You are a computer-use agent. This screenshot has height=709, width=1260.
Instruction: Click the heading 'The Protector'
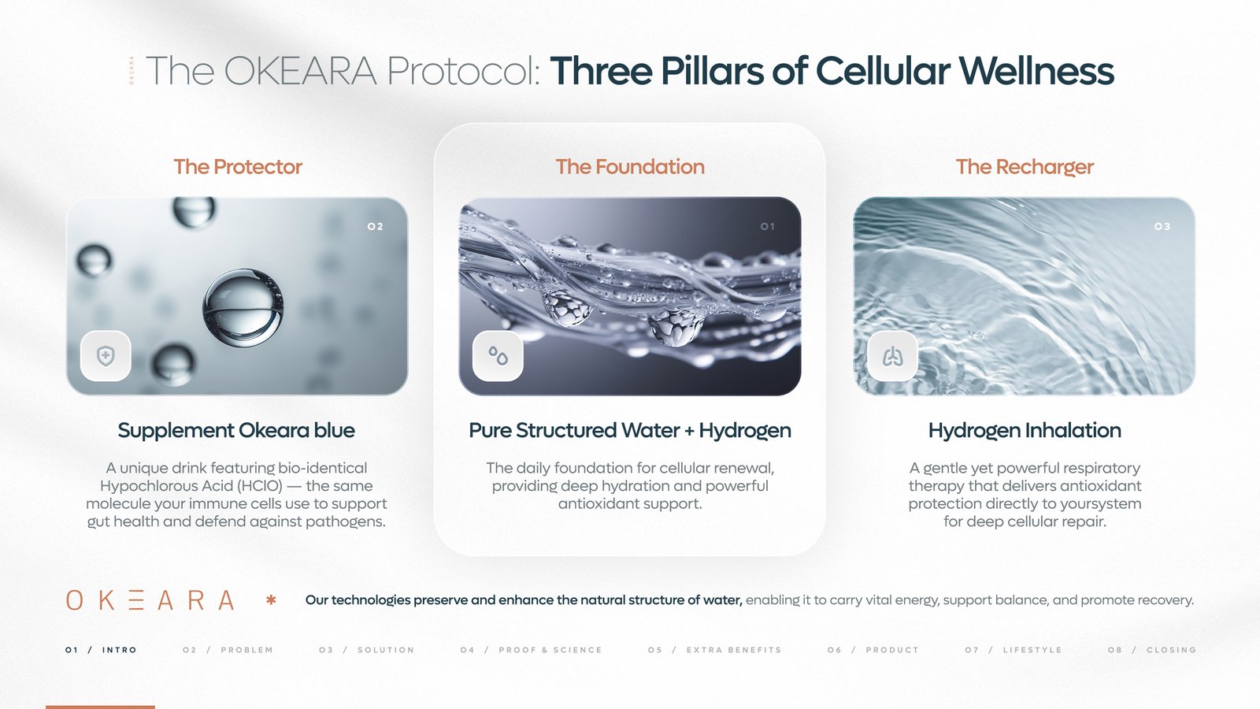tap(238, 167)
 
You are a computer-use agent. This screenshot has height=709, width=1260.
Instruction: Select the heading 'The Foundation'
tap(630, 167)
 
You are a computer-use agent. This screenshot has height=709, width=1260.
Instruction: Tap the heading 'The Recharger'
tap(1025, 167)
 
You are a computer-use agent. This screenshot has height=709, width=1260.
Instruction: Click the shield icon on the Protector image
tap(106, 356)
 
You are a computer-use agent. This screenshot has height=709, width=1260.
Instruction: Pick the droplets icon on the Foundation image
tap(498, 356)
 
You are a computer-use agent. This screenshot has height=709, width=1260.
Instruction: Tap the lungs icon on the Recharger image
tap(892, 357)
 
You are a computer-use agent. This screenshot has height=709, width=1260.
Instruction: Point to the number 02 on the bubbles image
tap(375, 227)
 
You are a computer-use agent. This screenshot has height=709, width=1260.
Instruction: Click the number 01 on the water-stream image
tap(768, 227)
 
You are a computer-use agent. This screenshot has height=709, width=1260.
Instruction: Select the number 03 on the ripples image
tap(1162, 227)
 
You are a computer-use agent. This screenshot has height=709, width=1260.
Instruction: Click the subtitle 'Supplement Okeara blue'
tap(236, 430)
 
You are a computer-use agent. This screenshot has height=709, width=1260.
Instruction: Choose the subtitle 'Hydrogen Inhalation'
tap(1025, 430)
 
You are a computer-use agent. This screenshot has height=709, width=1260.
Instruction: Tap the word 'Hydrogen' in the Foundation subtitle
tap(745, 431)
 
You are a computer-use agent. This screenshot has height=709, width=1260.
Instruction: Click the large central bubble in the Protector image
tap(243, 308)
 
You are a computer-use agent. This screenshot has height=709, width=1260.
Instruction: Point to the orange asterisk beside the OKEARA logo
tap(271, 600)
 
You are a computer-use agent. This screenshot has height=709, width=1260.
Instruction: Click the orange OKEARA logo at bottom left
tap(150, 600)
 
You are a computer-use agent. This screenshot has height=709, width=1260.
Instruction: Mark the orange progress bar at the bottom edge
tap(100, 707)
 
